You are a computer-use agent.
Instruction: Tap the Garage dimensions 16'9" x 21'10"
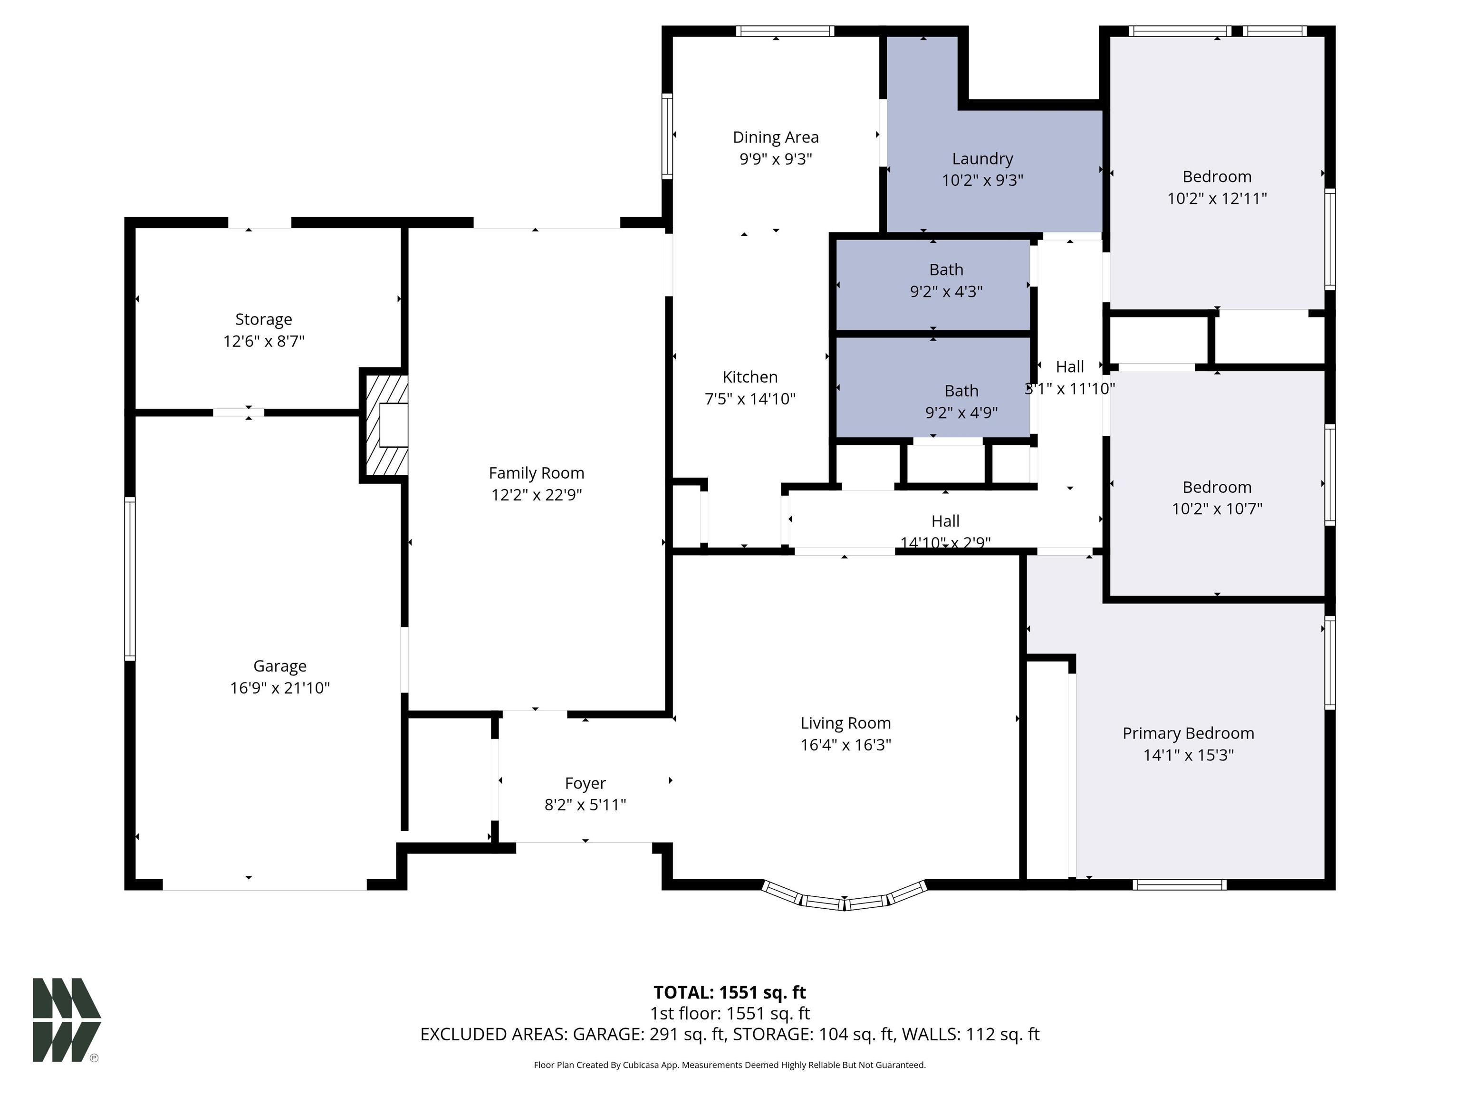[280, 688]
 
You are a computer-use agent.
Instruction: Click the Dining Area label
[776, 137]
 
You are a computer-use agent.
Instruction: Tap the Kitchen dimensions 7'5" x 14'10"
[750, 399]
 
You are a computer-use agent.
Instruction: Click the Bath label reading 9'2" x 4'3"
[947, 280]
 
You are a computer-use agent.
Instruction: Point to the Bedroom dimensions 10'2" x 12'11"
[1217, 198]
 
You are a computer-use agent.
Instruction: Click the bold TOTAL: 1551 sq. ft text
[730, 993]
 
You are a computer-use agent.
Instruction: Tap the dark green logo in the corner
[67, 1020]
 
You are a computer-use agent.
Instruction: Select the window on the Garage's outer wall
[130, 579]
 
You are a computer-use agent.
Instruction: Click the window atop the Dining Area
[786, 31]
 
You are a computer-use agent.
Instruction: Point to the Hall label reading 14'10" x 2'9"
[945, 532]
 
